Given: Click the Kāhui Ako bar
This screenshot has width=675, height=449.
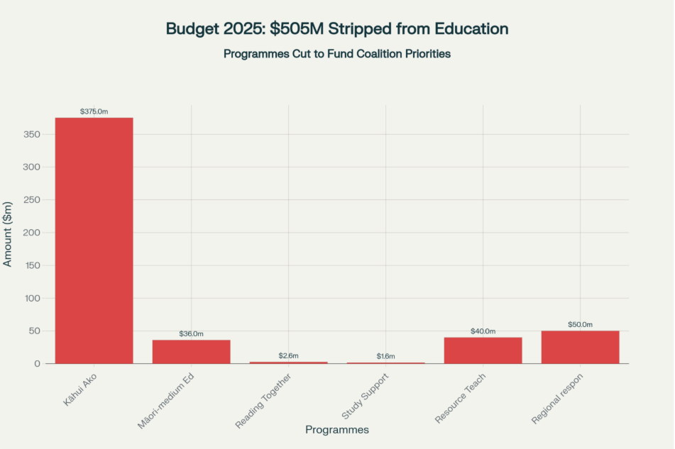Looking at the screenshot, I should [x=94, y=240].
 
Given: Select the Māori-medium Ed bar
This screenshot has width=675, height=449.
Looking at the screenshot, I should [x=191, y=352].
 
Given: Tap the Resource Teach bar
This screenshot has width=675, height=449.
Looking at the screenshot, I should [x=483, y=350].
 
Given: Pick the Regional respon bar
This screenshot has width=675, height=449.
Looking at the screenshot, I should [x=580, y=347].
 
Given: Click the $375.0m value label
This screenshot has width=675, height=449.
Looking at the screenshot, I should [x=94, y=111].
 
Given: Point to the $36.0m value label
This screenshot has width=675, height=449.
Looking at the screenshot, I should [x=191, y=334].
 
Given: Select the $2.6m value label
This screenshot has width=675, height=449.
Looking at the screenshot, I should [x=288, y=355].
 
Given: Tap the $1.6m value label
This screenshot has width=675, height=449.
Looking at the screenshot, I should [x=385, y=356].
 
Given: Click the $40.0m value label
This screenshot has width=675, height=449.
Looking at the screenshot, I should [x=483, y=331].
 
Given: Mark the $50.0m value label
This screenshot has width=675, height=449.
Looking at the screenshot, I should [x=580, y=325].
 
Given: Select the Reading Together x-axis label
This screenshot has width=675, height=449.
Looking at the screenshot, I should [x=264, y=401].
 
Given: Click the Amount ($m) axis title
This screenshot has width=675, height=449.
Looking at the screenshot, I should [x=8, y=231].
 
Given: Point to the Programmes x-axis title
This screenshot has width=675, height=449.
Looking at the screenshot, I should [x=336, y=430].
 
